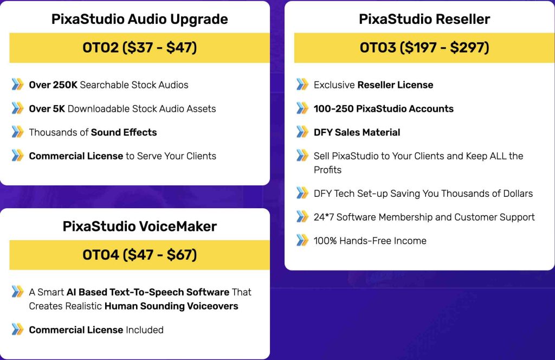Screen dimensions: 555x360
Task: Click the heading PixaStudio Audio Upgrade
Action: (139, 20)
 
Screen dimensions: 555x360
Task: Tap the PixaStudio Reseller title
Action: (424, 19)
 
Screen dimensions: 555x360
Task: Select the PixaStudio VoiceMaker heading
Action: (139, 227)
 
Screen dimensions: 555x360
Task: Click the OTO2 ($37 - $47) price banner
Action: (139, 48)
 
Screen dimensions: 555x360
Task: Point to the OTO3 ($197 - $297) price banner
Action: (424, 48)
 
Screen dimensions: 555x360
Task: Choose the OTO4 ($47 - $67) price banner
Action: (139, 255)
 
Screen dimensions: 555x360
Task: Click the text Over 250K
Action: (53, 85)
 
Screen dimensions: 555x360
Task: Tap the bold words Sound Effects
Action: (124, 132)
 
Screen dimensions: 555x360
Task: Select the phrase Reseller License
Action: (395, 85)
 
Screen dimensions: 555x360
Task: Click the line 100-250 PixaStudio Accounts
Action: (384, 108)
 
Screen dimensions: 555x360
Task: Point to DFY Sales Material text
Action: (357, 132)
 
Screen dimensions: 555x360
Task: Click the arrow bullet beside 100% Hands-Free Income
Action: (302, 240)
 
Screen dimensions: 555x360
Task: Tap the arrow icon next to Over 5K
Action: (17, 108)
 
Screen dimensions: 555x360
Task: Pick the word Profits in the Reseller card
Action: (327, 170)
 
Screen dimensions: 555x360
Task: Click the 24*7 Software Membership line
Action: (424, 217)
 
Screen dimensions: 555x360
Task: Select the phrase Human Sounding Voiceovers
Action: (171, 306)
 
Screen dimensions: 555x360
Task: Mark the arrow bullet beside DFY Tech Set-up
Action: (302, 193)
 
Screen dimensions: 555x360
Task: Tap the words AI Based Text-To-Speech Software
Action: (148, 292)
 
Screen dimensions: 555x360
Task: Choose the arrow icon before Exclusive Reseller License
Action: (302, 84)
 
